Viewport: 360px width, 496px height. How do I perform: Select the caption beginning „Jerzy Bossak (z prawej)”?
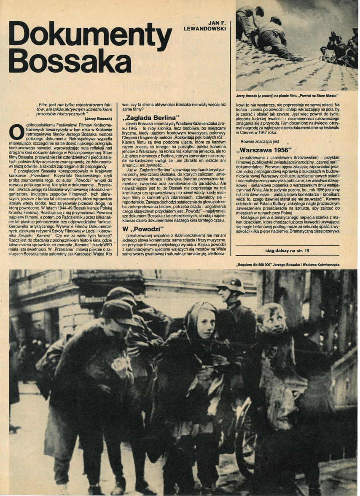(x=288, y=95)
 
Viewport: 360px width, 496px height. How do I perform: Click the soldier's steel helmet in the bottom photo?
(x=231, y=284)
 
